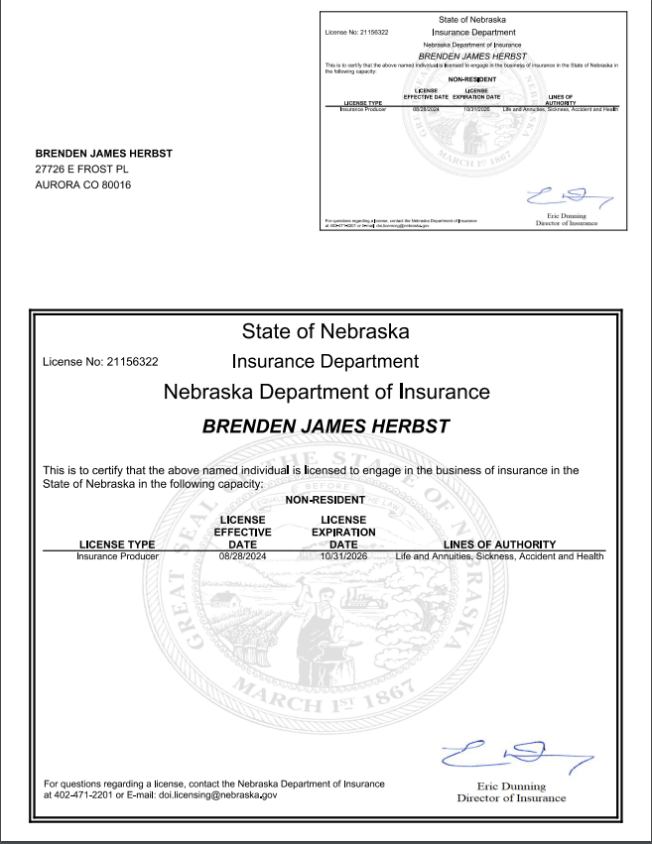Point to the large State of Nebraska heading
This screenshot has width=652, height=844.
(326, 330)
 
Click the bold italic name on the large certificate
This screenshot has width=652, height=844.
(326, 426)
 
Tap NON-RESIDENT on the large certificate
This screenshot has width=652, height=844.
(325, 500)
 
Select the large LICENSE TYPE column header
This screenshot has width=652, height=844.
(117, 543)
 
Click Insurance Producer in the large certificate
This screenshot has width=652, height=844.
(117, 556)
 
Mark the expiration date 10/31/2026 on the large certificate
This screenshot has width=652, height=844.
(343, 556)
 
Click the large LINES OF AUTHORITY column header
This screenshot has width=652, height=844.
(499, 543)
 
